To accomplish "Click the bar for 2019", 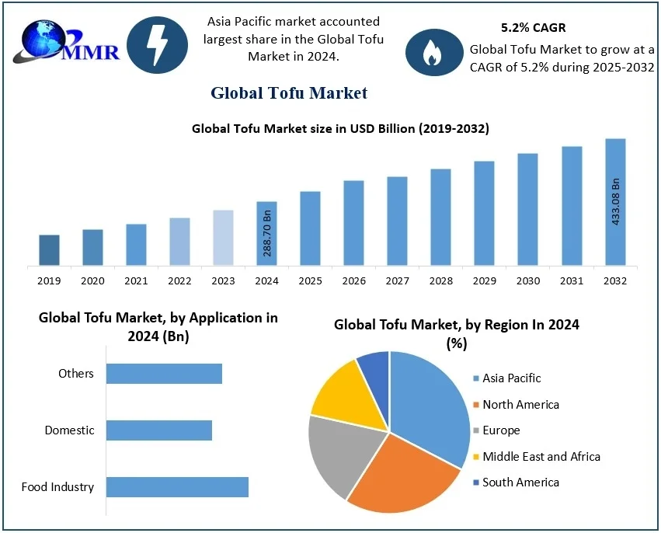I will point(49,250).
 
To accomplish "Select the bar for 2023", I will point(223,238).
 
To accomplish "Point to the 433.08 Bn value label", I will point(616,202).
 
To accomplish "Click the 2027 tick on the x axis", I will point(397,280).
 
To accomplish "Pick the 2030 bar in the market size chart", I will point(528,210).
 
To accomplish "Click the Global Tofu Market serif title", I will point(289,93).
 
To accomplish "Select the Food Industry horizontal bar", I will point(177,487).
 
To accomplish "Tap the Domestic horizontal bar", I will point(159,430).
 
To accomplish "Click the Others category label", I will point(76,374).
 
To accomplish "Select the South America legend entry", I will point(520,482).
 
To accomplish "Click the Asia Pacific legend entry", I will point(510,378).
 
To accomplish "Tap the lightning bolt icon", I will point(157,47).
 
